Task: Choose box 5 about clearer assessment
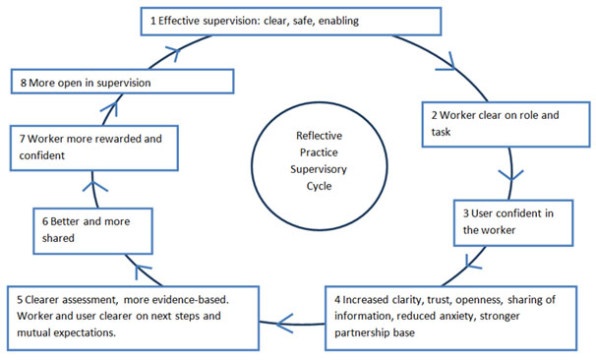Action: pos(137,312)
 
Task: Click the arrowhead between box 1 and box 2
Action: pos(457,66)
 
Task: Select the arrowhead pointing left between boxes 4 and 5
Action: pos(282,319)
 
